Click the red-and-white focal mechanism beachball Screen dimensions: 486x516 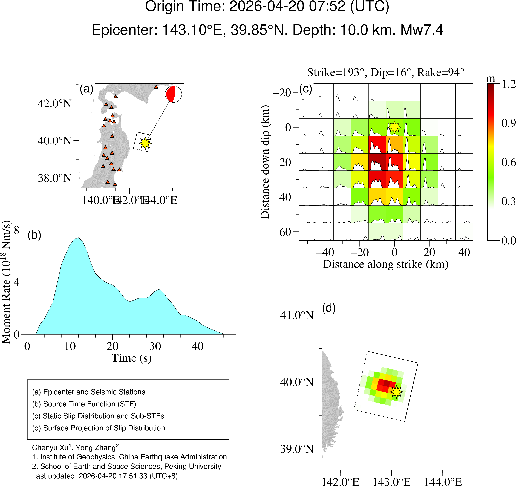point(173,94)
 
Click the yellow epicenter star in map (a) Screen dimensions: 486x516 point(145,143)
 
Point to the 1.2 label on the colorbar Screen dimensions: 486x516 point(508,84)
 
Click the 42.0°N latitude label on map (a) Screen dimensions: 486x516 point(54,103)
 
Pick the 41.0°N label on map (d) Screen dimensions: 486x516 point(297,315)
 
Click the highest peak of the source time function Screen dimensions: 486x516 point(78,238)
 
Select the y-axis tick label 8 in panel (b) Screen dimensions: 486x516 point(17,230)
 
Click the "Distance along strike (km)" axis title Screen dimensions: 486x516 point(385,264)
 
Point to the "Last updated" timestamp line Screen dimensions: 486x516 point(105,476)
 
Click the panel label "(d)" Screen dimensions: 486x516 point(329,308)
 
